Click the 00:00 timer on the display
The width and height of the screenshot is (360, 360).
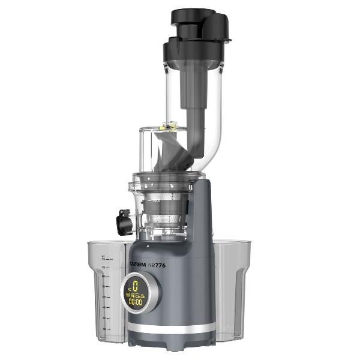[135, 302]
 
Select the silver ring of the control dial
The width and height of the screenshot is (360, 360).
[155, 293]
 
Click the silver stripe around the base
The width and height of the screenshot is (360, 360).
[171, 329]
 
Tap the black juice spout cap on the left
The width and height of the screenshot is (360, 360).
[125, 221]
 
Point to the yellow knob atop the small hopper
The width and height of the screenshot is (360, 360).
[169, 125]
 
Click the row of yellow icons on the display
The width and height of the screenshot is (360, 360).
[135, 294]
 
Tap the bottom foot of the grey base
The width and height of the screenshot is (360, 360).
[171, 341]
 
